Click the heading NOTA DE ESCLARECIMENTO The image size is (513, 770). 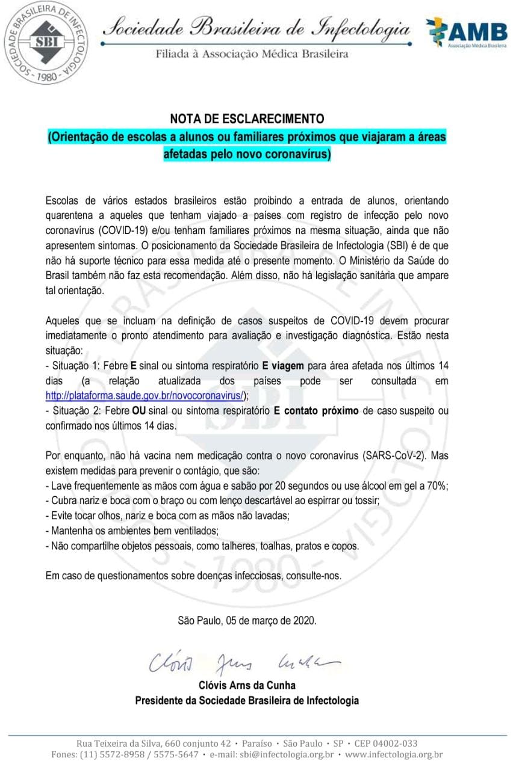click(247, 119)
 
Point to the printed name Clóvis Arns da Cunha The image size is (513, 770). click(247, 685)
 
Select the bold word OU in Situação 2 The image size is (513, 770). click(140, 410)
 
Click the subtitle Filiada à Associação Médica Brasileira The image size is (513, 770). click(252, 54)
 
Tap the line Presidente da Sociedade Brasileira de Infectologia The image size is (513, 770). click(247, 700)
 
